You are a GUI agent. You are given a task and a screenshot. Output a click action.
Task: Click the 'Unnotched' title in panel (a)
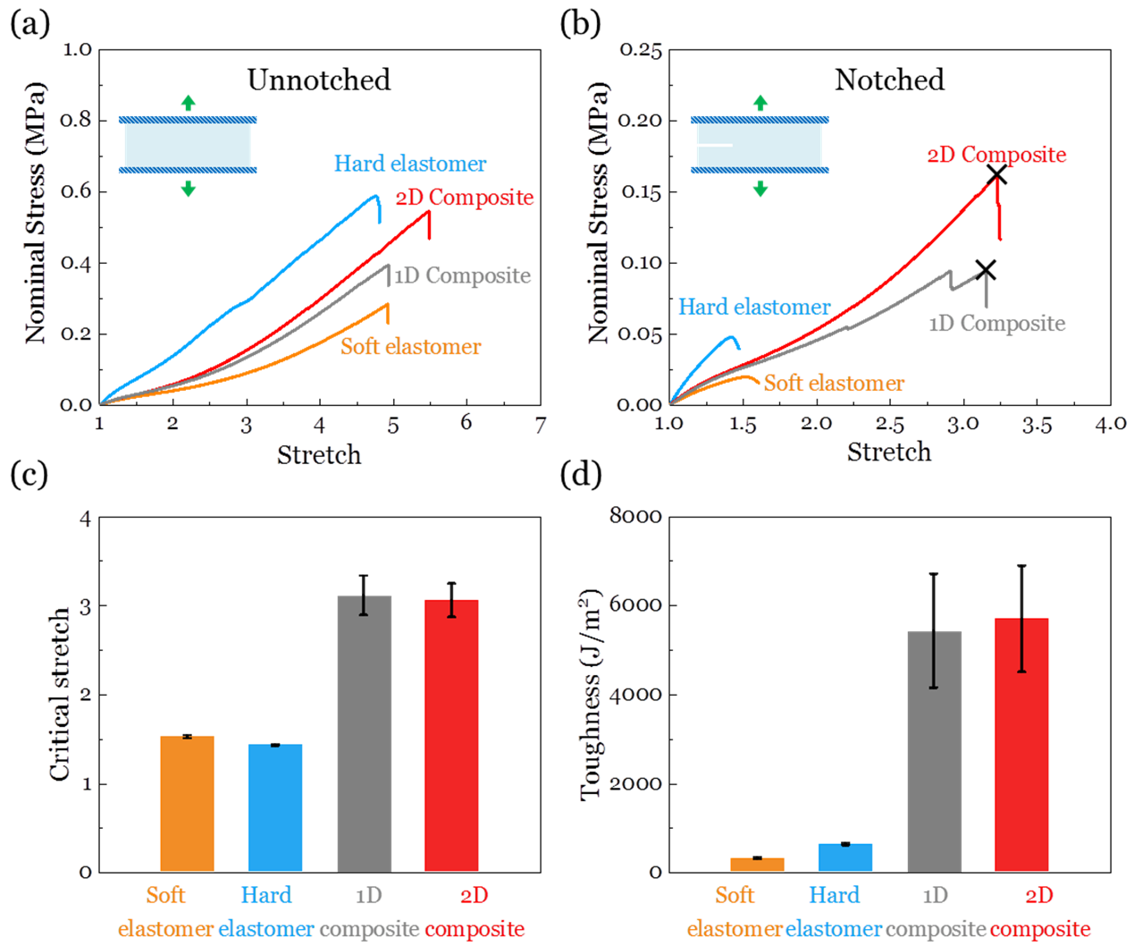[x=319, y=80]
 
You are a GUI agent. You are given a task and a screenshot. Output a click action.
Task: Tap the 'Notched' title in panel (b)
[x=889, y=80]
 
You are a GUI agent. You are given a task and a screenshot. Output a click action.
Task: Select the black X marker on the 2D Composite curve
[x=996, y=175]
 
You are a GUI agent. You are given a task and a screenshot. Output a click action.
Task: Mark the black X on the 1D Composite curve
[x=985, y=269]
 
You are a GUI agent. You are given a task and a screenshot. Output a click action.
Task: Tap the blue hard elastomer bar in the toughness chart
[x=844, y=857]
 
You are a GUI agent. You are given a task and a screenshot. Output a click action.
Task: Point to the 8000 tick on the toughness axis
[x=635, y=517]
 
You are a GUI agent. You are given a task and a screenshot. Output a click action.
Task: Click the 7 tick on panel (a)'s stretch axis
[x=540, y=425]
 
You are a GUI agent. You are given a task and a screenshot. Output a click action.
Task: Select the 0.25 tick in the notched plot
[x=641, y=50]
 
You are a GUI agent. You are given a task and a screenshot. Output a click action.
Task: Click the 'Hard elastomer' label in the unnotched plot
[x=410, y=164]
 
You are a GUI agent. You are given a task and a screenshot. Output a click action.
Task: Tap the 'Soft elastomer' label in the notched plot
[x=834, y=384]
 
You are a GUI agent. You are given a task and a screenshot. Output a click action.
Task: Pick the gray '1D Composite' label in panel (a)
[x=462, y=275]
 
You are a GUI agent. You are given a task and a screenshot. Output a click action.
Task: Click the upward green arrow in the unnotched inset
[x=188, y=103]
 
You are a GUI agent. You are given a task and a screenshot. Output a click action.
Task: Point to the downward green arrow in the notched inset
[x=760, y=188]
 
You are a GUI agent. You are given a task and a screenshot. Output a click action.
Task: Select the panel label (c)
[x=29, y=474]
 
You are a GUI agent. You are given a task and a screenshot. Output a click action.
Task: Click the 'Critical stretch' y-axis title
[x=59, y=694]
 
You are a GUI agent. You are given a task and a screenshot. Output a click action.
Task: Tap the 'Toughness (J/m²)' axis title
[x=591, y=694]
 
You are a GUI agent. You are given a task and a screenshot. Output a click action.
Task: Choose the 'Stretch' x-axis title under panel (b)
[x=889, y=452]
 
